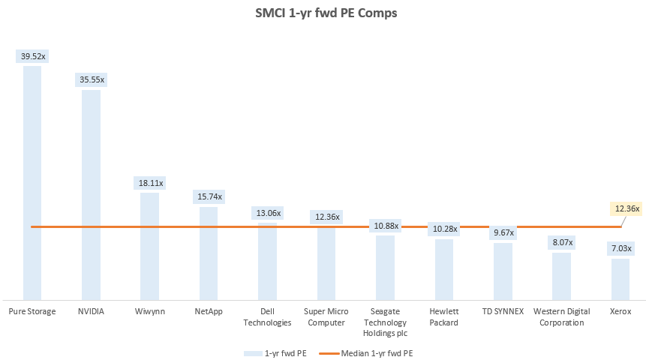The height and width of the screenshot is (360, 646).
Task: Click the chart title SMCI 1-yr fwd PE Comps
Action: tap(323, 13)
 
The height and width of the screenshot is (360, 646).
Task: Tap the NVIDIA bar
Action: tap(91, 195)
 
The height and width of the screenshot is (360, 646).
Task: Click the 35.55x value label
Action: tap(91, 79)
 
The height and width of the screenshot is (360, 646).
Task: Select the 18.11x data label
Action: tap(149, 183)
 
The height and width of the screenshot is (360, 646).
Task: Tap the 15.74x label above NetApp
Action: tap(209, 196)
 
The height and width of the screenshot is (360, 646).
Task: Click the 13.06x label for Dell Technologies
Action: tap(267, 213)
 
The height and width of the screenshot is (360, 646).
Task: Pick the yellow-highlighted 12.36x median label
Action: tap(625, 208)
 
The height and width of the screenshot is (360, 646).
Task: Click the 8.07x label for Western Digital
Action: tap(562, 242)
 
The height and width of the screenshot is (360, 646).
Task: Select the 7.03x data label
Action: tap(620, 248)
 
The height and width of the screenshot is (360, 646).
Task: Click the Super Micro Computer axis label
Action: tap(326, 316)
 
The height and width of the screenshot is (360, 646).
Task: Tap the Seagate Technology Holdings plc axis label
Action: tap(385, 322)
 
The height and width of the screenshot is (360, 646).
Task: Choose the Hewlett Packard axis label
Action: tap(444, 316)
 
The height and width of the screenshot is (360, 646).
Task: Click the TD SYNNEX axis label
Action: tap(503, 311)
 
